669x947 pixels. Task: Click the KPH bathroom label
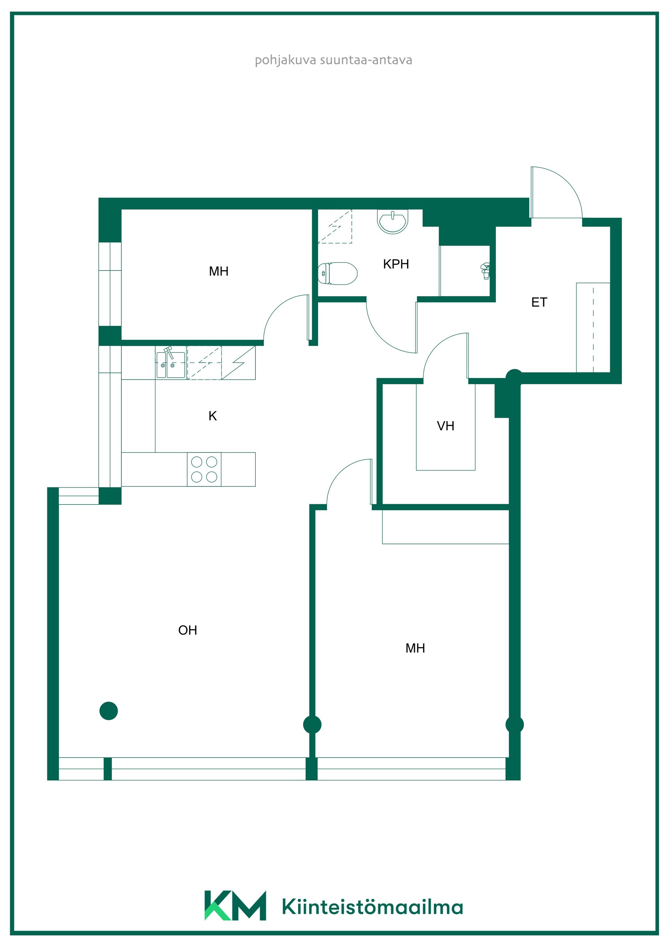point(396,264)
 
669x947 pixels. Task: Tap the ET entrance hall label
point(539,302)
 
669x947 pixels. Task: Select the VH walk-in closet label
point(446,426)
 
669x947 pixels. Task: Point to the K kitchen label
point(213,416)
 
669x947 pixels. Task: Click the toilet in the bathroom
point(338,273)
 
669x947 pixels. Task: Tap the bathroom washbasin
point(392,222)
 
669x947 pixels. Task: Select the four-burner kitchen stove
point(204,469)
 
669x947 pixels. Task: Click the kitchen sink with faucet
point(171,363)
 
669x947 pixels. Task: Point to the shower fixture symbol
point(486,271)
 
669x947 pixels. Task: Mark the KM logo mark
point(235,906)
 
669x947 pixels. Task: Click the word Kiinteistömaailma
point(372,907)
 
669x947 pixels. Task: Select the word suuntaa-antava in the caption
point(366,60)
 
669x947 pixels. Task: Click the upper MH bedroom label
point(219,271)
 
